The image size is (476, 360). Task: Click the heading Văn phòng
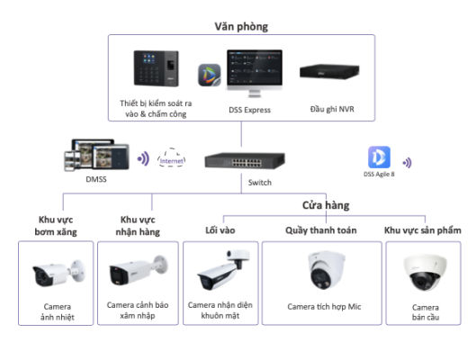241,27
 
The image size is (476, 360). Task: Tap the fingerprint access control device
157,68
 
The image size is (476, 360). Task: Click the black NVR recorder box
329,72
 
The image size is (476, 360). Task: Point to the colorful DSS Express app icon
210,75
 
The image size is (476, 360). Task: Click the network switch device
245,160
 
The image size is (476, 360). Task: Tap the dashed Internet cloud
172,157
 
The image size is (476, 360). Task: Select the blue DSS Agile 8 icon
379,157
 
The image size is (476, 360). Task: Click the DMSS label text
96,179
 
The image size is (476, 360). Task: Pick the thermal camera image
58,274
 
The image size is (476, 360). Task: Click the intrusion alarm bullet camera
139,271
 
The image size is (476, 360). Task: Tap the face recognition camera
223,269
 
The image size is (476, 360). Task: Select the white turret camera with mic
327,269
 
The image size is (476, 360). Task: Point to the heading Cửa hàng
326,205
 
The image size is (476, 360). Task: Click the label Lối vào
220,230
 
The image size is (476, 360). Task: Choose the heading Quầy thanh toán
321,230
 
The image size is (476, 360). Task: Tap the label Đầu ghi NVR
332,109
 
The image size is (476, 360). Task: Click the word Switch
260,183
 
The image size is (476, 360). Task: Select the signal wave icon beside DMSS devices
143,158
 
